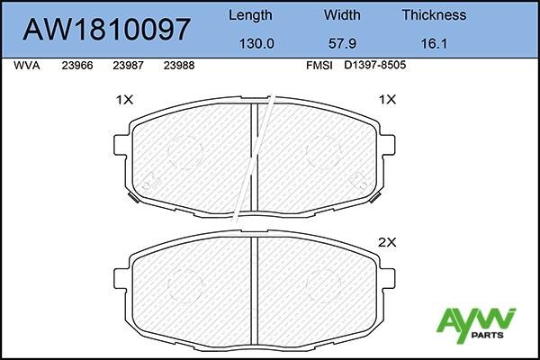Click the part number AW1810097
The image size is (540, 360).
click(107, 29)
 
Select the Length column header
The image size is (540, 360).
click(249, 15)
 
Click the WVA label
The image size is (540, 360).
click(28, 66)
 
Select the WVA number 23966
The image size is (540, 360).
click(77, 66)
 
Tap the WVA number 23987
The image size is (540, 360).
click(128, 66)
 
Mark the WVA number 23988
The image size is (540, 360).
click(179, 66)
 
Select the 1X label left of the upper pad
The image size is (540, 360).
click(124, 101)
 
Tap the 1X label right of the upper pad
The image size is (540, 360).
click(387, 101)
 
